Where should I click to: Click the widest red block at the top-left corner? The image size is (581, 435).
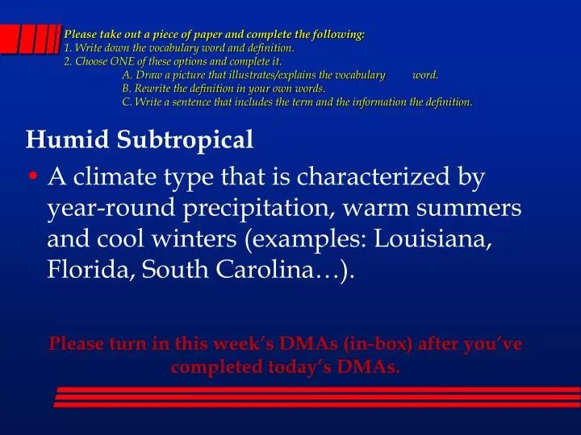10,37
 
